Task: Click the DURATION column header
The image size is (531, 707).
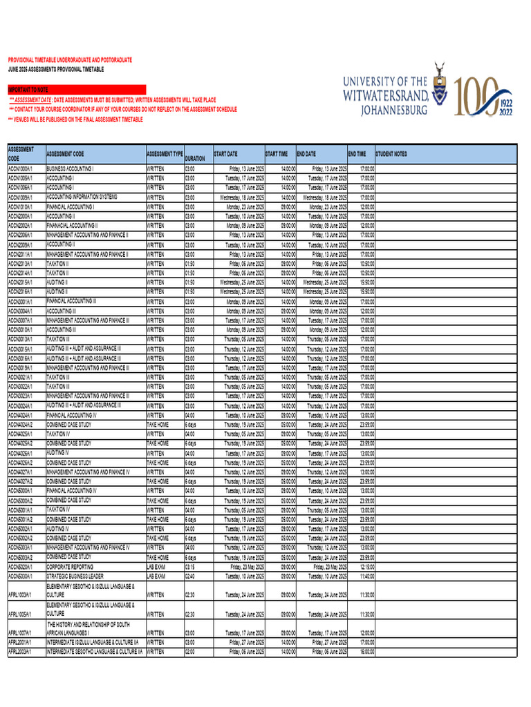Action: [x=195, y=158]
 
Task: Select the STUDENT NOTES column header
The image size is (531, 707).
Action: [x=391, y=154]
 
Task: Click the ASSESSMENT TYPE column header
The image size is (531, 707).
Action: [x=165, y=154]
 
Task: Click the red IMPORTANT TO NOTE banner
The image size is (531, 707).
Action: [x=77, y=90]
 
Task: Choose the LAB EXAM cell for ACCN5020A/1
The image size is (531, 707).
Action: [x=156, y=566]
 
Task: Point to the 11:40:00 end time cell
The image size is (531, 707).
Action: [x=366, y=576]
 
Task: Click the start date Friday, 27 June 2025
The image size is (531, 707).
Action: [x=246, y=642]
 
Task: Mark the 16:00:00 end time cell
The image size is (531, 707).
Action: [x=366, y=651]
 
